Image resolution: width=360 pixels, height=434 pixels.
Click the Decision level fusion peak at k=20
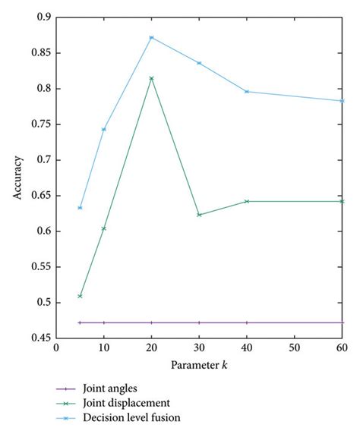click(151, 37)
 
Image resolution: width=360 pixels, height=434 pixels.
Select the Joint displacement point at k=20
click(151, 78)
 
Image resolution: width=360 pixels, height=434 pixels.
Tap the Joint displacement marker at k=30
click(199, 215)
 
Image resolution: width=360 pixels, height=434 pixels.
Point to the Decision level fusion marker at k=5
click(80, 208)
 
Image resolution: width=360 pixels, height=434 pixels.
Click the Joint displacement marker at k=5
click(80, 296)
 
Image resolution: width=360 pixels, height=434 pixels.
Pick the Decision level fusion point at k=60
click(343, 101)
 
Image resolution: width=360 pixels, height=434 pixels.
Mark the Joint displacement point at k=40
click(247, 201)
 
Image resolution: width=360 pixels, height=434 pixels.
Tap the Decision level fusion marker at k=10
click(103, 129)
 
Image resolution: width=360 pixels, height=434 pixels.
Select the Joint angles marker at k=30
click(199, 322)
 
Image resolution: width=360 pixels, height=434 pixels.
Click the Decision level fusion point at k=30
click(199, 63)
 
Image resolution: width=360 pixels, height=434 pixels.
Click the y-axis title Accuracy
click(17, 180)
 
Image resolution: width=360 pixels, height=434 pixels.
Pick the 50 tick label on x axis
click(295, 349)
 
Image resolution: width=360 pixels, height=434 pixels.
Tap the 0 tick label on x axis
click(56, 349)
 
